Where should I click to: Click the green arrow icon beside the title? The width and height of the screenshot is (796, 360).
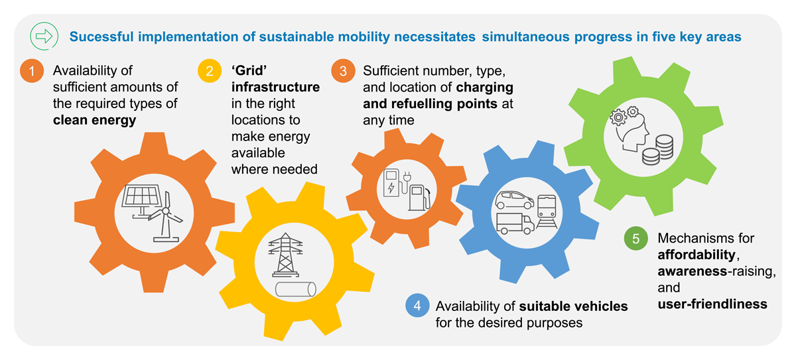pos(44,36)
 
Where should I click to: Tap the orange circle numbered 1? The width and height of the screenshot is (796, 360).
pos(32,71)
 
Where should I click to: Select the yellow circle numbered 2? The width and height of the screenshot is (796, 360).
pos(210,71)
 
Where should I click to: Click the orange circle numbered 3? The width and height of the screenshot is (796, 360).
pos(343,71)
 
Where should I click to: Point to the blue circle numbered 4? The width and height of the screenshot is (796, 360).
pos(417,306)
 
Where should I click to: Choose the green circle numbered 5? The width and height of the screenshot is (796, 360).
pos(635,238)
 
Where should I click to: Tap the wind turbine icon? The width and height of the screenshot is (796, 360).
pos(166,217)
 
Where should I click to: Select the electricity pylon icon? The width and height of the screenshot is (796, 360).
pos(285,255)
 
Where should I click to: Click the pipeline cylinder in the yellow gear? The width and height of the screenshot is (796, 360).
pos(296,289)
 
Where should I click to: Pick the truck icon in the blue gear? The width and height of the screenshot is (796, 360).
pos(515,223)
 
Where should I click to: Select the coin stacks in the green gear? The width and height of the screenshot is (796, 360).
pos(657,150)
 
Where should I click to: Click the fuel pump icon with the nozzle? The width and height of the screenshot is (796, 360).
pos(419,197)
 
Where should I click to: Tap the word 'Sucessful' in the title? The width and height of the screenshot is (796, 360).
pos(101,36)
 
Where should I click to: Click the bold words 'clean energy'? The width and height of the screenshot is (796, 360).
pos(94,120)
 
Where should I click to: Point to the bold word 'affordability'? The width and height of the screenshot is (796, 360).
pos(696,255)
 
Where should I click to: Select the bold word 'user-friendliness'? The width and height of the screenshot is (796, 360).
pos(712,304)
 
